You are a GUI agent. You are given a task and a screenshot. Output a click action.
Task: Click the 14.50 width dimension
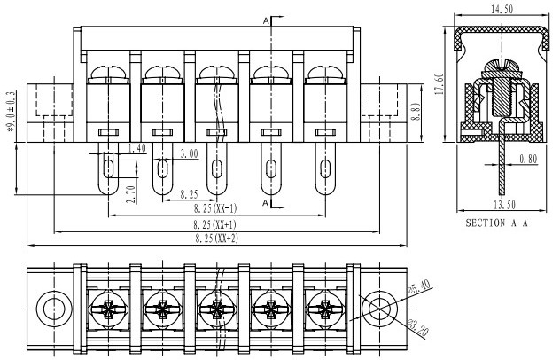502,9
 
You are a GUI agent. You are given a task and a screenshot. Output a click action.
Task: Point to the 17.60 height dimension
439,83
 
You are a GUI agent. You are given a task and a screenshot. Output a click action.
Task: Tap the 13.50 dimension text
505,205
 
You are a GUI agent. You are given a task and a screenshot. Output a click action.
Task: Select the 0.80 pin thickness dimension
528,159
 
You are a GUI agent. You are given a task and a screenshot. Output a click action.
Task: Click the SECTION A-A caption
496,223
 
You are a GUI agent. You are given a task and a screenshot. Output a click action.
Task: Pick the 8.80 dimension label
416,112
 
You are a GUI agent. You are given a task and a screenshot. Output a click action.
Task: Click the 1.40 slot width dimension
136,148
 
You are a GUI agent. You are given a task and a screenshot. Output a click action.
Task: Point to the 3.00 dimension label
189,153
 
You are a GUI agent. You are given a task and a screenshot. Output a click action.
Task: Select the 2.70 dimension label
131,194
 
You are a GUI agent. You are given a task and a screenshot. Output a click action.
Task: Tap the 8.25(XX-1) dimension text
215,208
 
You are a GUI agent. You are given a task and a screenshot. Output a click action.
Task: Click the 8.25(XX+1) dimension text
215,225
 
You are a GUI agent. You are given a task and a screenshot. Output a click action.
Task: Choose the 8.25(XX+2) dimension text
216,239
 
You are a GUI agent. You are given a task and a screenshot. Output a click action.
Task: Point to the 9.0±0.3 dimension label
11,111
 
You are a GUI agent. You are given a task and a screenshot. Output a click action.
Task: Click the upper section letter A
266,21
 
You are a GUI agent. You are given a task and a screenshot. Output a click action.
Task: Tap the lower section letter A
265,203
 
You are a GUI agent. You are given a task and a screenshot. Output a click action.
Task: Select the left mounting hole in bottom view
54,309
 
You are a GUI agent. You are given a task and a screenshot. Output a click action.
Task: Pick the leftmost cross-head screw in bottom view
108,309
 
